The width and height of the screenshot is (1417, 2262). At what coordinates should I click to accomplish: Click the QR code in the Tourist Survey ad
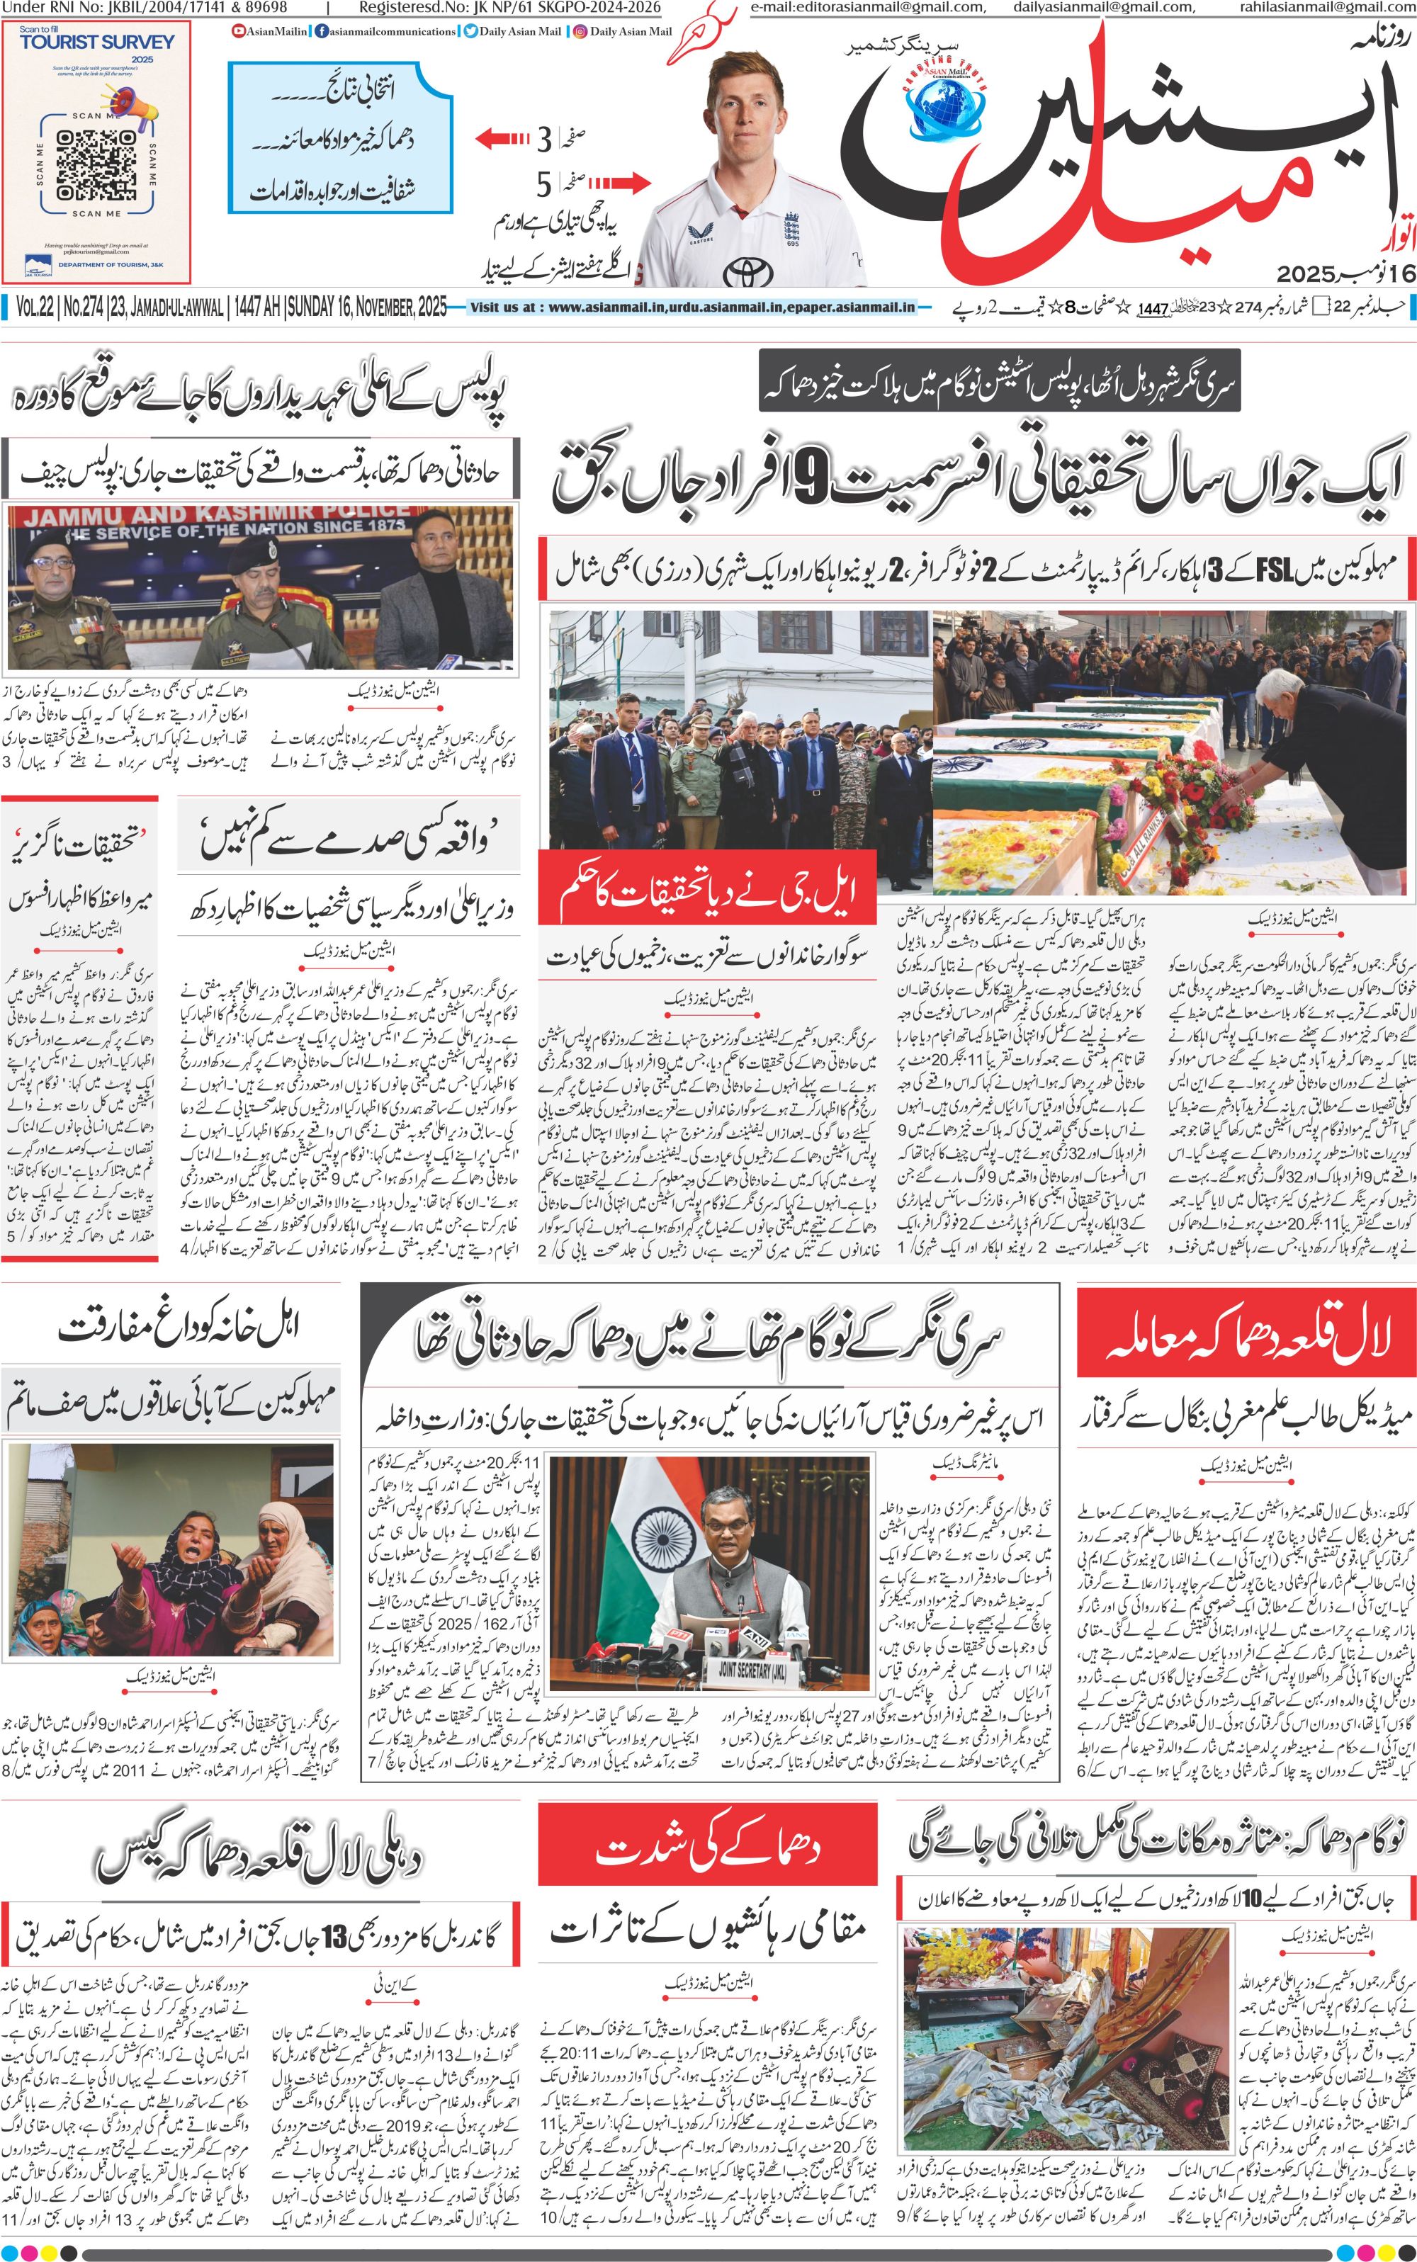pyautogui.click(x=96, y=164)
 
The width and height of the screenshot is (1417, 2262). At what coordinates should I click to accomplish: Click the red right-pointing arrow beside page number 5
pyautogui.click(x=619, y=182)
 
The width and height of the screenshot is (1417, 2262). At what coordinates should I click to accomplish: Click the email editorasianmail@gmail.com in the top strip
pyautogui.click(x=868, y=8)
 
